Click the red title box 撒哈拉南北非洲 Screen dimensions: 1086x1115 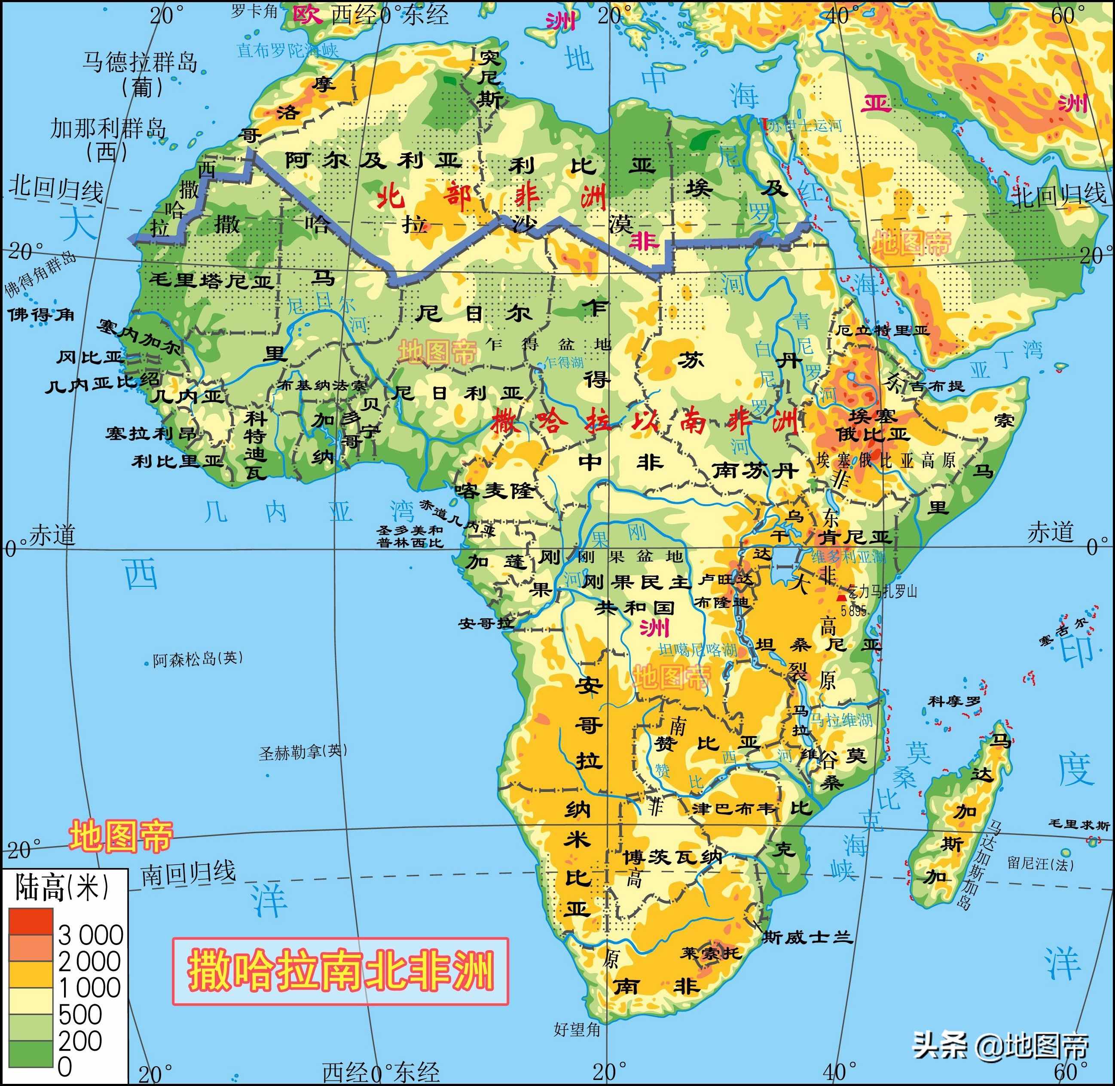pos(340,971)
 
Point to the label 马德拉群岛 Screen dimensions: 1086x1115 pos(140,61)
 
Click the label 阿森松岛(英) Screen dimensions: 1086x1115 pos(198,659)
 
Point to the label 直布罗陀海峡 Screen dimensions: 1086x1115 pos(287,50)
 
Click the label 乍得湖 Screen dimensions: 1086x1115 pos(564,362)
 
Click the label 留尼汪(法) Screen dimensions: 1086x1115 pos(1040,864)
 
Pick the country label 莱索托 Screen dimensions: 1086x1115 pos(710,952)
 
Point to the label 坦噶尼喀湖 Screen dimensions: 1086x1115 pos(698,649)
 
